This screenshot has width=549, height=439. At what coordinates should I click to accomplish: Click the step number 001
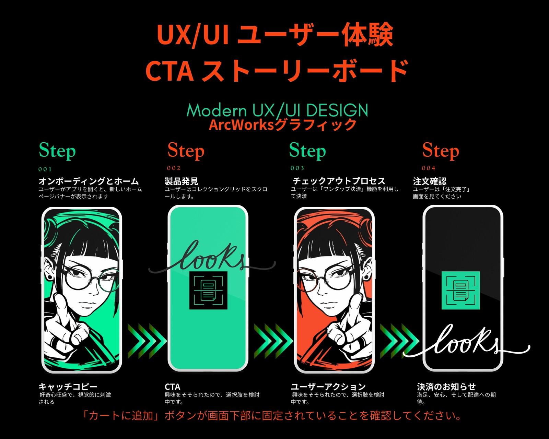pos(45,169)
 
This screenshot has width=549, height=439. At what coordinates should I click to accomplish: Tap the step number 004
pos(428,168)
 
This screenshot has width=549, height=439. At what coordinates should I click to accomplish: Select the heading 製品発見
pos(181,181)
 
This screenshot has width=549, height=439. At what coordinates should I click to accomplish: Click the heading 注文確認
pos(429,181)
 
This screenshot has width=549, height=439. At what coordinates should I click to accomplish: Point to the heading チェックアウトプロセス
pos(339,181)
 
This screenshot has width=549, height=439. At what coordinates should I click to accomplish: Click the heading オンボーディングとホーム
pos(89,181)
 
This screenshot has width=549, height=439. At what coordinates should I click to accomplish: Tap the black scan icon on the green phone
pos(208,290)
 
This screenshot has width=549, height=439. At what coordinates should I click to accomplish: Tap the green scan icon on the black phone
pos(460,290)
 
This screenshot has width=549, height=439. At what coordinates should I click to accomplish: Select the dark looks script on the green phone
pos(212,258)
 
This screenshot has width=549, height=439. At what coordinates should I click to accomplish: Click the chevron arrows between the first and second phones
pos(147,341)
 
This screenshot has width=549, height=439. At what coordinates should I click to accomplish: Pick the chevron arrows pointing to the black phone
pos(399,341)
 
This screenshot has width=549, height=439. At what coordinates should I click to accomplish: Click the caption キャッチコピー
pos(68,387)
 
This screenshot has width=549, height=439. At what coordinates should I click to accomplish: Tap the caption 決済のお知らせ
pos(446,387)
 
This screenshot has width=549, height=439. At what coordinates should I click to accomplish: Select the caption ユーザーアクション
pos(328,387)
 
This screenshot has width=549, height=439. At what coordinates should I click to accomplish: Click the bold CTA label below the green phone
pos(173,387)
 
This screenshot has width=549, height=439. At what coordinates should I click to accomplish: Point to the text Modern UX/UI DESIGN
pos(277,110)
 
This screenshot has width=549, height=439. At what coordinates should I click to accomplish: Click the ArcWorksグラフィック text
pos(283,125)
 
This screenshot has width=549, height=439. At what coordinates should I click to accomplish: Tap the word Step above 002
pos(186,151)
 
